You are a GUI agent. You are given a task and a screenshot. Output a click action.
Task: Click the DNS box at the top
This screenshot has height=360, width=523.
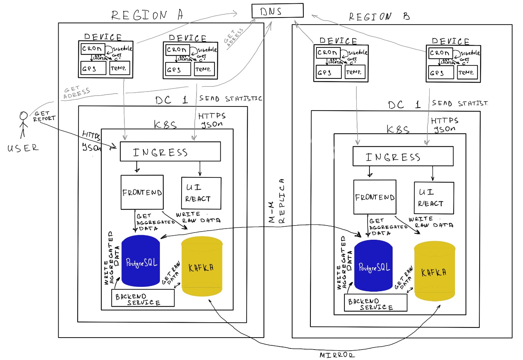point(277,11)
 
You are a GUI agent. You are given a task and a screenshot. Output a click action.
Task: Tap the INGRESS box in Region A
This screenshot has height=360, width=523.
point(170,152)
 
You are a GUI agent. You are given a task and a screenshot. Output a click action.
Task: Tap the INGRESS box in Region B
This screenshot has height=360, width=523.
point(403,156)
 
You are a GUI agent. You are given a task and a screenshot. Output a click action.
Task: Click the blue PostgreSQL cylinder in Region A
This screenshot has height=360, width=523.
point(141,261)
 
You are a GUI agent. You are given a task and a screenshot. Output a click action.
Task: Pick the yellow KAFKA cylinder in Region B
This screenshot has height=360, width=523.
point(434,271)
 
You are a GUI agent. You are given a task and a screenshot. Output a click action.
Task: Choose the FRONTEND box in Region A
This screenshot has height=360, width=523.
point(142,192)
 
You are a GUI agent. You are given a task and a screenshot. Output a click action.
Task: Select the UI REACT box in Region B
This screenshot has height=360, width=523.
point(434,198)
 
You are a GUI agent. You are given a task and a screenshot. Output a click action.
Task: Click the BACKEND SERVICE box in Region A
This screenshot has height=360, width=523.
point(143,298)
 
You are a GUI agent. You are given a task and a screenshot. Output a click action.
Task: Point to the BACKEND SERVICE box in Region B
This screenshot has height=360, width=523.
point(375,303)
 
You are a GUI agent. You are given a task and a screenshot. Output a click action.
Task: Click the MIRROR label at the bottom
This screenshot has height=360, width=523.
point(337,355)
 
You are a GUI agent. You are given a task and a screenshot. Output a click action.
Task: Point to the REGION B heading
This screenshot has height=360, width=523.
point(379,16)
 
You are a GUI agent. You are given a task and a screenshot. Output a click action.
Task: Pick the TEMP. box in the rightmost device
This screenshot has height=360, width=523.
point(467,72)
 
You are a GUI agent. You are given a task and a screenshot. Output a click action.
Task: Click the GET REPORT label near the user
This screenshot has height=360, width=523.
point(44,116)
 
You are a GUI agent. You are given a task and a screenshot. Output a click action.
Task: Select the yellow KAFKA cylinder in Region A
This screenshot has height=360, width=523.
point(202,267)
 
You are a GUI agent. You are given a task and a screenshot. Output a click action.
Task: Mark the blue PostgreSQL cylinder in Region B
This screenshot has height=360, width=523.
point(373,266)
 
